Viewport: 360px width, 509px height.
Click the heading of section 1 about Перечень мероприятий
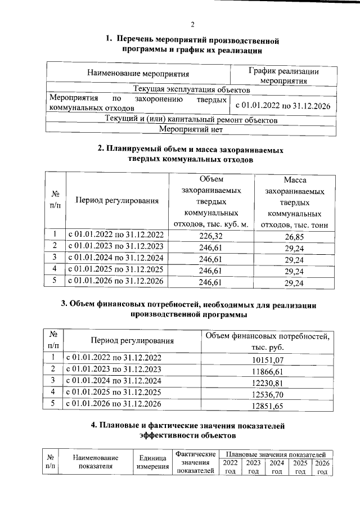(x=192, y=45)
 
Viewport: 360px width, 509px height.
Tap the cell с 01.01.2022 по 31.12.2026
(x=282, y=105)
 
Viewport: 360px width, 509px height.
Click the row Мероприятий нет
(x=191, y=129)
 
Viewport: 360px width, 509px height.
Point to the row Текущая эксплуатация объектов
(x=191, y=89)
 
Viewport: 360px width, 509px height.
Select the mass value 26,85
(x=295, y=236)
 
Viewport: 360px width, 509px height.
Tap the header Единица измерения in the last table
(x=151, y=463)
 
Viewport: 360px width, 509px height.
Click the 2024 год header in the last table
(x=276, y=467)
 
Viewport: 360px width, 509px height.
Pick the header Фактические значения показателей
(x=196, y=462)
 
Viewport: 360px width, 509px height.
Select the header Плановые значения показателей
(x=276, y=453)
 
